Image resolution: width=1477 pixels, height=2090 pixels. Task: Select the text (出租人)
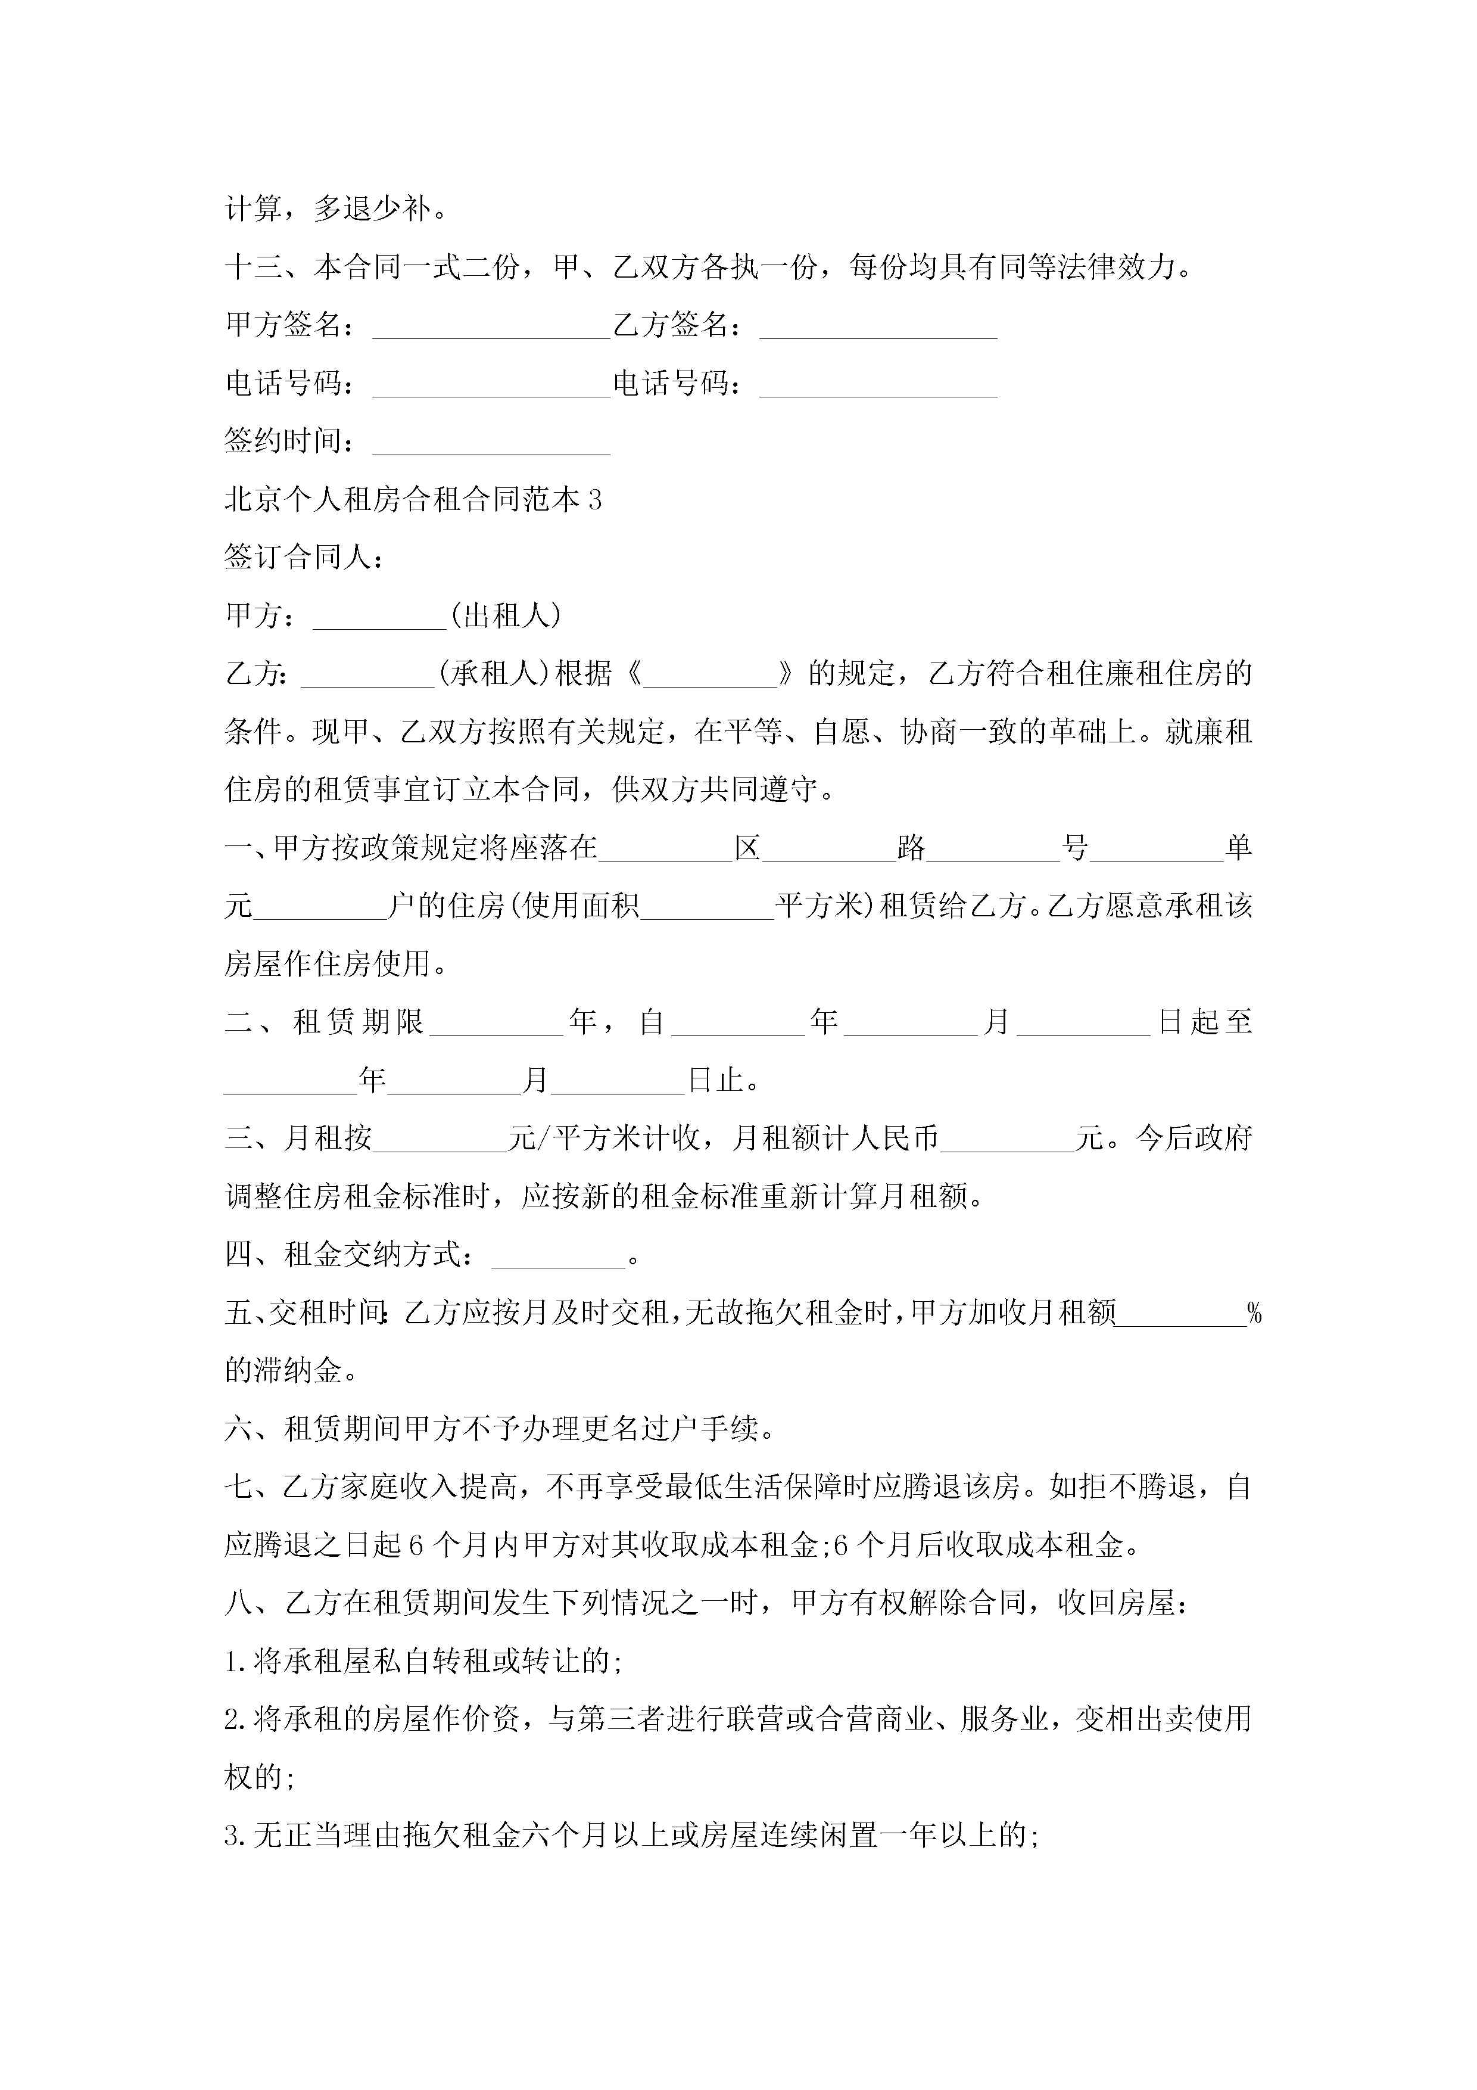coord(506,616)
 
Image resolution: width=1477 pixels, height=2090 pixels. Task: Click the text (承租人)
coord(494,674)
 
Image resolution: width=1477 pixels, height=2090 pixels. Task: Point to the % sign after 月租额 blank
coord(1254,1314)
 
